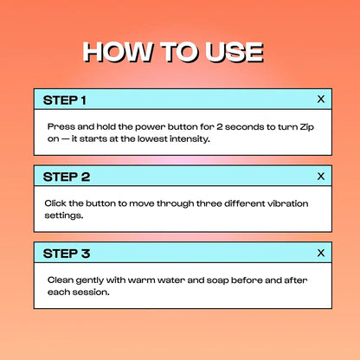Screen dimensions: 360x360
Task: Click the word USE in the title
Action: [x=234, y=52]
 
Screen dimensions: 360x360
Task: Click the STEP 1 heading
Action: [x=65, y=100]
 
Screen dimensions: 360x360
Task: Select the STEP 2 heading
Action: [x=67, y=177]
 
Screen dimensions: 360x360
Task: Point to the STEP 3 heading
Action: [x=67, y=254]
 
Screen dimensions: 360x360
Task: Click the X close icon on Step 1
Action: [x=321, y=100]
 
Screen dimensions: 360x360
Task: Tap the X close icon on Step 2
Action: [x=321, y=176]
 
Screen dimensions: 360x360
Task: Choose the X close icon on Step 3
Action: [x=321, y=253]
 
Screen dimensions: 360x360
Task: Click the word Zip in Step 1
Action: [x=306, y=127]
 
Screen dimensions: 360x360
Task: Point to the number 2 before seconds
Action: [x=220, y=126]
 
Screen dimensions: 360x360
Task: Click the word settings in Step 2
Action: [x=64, y=215]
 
